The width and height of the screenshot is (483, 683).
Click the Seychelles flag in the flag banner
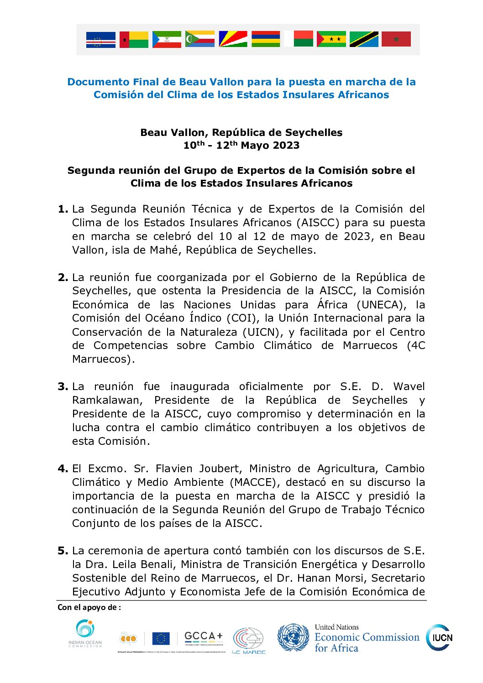(x=233, y=39)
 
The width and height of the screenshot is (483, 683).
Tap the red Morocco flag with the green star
(x=396, y=39)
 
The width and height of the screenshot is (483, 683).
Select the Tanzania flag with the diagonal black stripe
(x=364, y=39)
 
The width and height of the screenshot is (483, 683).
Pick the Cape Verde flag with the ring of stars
(x=100, y=40)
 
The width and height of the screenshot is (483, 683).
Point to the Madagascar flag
(x=298, y=39)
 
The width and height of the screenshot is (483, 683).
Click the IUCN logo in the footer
(x=439, y=637)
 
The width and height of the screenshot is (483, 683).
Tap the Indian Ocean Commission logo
(x=85, y=633)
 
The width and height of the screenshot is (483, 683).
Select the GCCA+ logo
(x=204, y=638)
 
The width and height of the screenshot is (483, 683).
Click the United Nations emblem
(x=293, y=637)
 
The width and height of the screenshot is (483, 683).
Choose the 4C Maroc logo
(x=249, y=641)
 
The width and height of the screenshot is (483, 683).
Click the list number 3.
(x=63, y=387)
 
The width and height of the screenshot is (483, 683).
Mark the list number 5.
(x=63, y=551)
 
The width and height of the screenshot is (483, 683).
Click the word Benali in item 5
(x=155, y=564)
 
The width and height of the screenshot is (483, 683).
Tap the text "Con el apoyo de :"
(x=89, y=607)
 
